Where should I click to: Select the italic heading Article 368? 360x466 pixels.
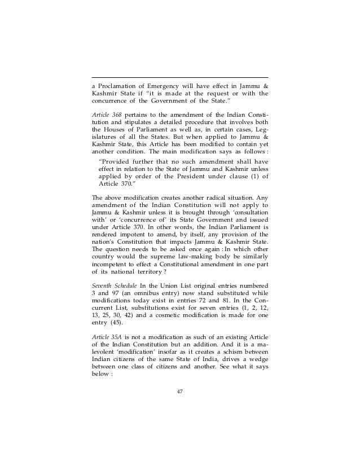click(106, 116)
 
